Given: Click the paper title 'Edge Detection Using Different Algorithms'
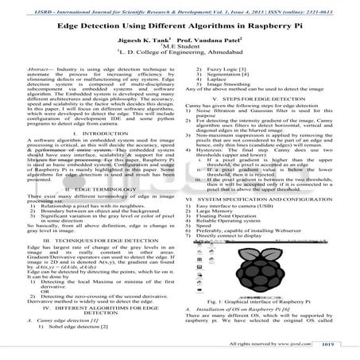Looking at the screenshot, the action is pyautogui.click(x=179, y=26).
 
